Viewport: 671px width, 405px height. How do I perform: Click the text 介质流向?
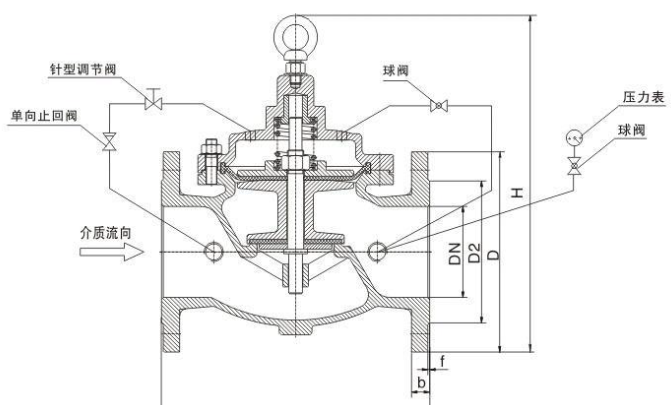105,231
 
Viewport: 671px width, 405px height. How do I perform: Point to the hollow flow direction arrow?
104,253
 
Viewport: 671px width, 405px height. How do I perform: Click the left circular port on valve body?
213,251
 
